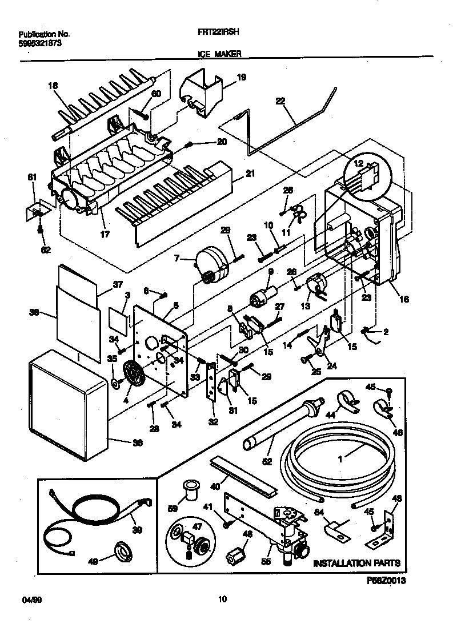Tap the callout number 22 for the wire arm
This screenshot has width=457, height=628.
pyautogui.click(x=280, y=102)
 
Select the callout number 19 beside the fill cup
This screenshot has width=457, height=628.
pyautogui.click(x=242, y=77)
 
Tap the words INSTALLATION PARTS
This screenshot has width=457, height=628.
pyautogui.click(x=356, y=563)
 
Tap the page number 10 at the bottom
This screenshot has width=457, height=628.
pyautogui.click(x=223, y=599)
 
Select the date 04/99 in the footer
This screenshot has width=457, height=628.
pyautogui.click(x=27, y=599)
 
